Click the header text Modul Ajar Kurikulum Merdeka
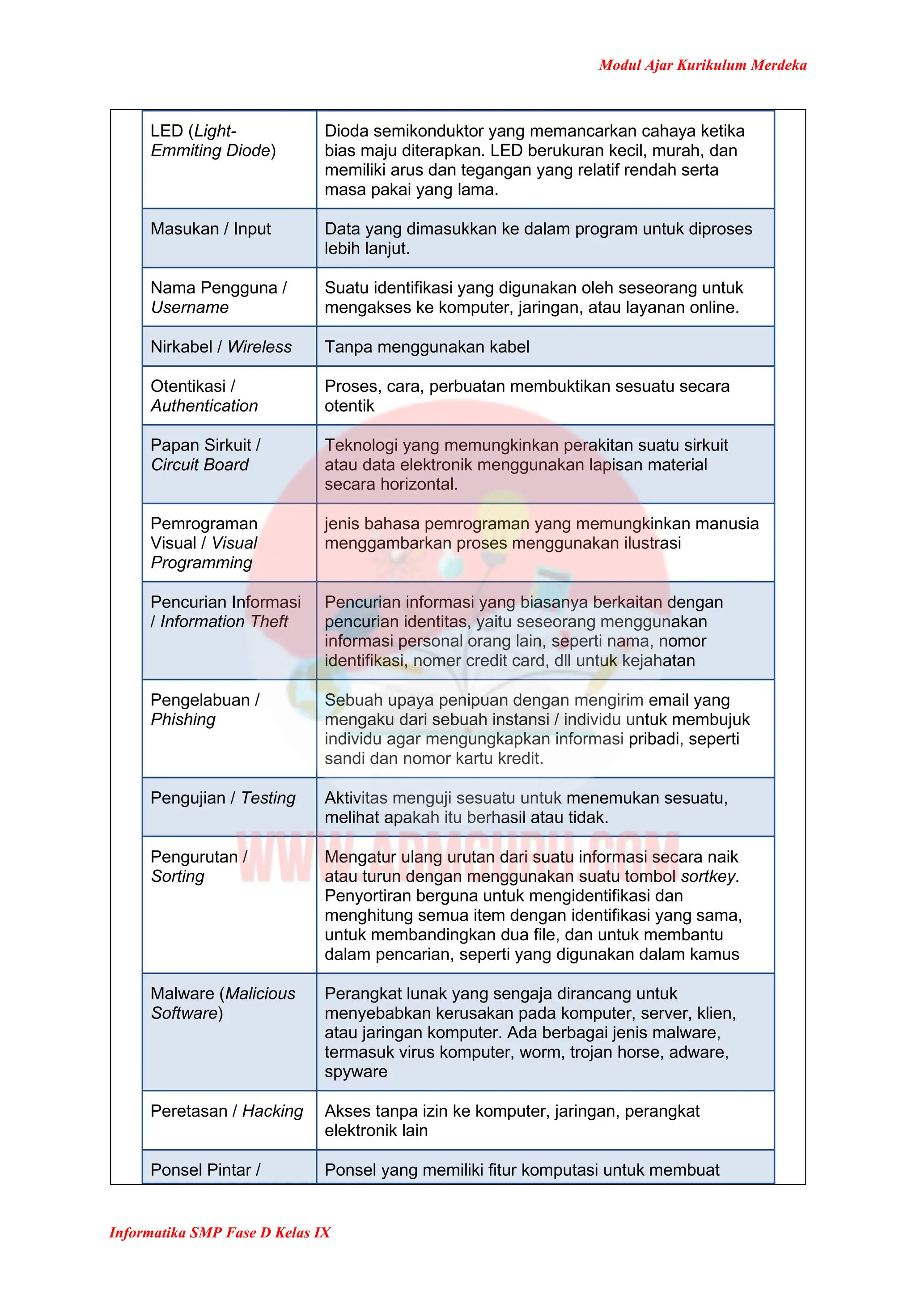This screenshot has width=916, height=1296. [x=702, y=65]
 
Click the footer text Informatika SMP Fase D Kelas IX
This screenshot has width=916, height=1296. [x=220, y=1232]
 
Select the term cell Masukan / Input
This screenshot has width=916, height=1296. [x=211, y=229]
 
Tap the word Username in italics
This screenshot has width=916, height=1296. [x=190, y=308]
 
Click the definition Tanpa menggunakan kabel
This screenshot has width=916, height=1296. [x=427, y=347]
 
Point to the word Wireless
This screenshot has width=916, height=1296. [x=259, y=347]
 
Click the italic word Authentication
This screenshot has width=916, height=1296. [x=204, y=406]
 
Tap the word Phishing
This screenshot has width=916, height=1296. [x=183, y=720]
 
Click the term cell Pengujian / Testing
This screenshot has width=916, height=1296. [x=223, y=798]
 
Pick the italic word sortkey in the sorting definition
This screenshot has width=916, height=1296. [x=708, y=877]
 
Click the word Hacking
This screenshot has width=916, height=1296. [x=272, y=1111]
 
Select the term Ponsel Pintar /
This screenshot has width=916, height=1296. [x=205, y=1170]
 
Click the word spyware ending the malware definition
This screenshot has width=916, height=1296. [x=356, y=1072]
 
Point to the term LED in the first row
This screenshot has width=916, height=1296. [x=166, y=131]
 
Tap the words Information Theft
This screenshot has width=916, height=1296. [x=224, y=621]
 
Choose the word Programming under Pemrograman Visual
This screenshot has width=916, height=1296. [x=201, y=563]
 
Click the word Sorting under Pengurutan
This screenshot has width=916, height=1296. [x=178, y=877]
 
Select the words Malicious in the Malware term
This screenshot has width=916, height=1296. [x=260, y=994]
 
